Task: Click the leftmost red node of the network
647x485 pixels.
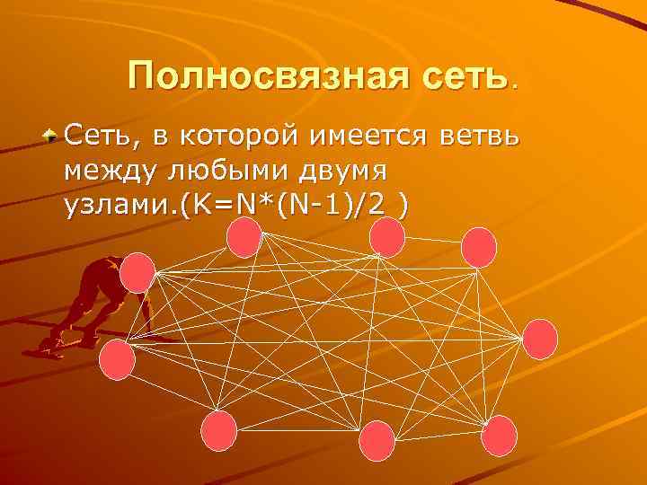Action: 116,358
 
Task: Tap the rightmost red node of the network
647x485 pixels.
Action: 539,339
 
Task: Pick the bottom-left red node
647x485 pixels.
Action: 218,430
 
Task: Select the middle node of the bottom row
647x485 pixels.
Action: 377,440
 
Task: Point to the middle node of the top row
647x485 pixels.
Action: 387,237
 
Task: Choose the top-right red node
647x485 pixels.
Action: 478,246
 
